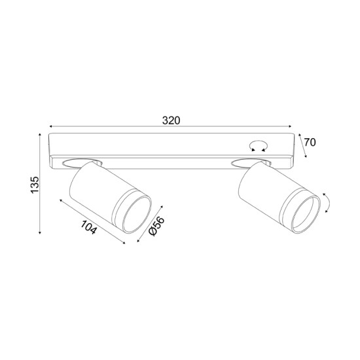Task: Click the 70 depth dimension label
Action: [312, 142]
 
